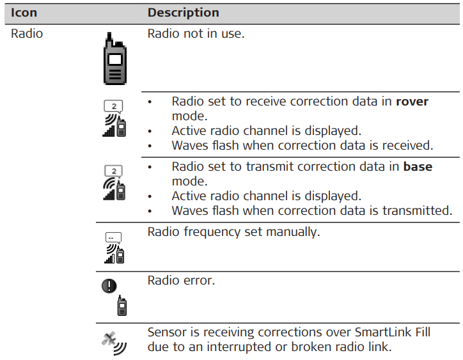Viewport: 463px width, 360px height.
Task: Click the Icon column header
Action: pos(24,13)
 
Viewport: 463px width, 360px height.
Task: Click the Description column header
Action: pos(184,13)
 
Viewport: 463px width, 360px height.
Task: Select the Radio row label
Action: pos(27,33)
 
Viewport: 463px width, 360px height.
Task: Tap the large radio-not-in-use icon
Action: pos(115,59)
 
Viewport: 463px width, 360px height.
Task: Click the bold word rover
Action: pos(412,102)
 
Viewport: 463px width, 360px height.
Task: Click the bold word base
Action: pos(418,166)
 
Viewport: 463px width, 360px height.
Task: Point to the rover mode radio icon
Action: pos(114,118)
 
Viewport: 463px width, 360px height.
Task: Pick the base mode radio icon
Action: pos(114,183)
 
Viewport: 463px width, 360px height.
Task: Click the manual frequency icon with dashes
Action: pos(114,247)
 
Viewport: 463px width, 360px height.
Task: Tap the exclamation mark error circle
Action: pos(109,286)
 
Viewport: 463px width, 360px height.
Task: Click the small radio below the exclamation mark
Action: pos(122,306)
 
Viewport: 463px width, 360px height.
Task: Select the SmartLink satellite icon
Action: pos(114,343)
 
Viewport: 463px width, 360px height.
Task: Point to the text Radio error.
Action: pos(181,280)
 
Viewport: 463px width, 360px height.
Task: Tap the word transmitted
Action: pos(417,210)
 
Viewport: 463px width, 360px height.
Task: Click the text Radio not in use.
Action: pos(196,33)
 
